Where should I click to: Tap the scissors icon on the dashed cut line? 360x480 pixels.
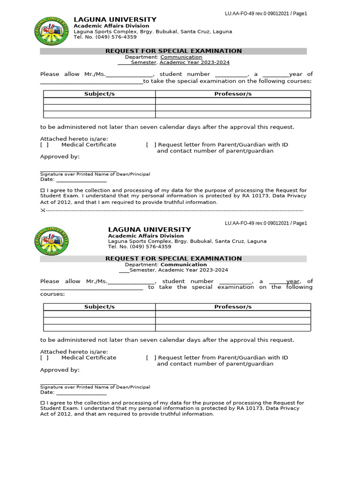click(x=43, y=210)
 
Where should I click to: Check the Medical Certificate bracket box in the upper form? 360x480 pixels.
click(x=45, y=145)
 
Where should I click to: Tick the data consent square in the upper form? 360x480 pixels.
click(x=42, y=190)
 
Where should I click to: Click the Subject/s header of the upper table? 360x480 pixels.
click(x=99, y=94)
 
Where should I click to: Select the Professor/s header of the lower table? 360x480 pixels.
click(x=233, y=307)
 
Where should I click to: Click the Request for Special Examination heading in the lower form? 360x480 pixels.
click(x=173, y=259)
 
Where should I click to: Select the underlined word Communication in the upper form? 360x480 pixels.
click(x=181, y=57)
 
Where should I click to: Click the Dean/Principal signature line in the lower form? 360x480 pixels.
click(x=78, y=383)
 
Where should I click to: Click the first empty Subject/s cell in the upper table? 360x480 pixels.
click(x=99, y=101)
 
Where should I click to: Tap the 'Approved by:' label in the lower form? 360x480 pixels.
click(x=60, y=370)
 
